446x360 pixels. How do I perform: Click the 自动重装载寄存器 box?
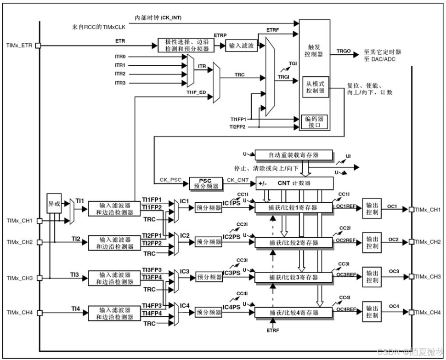click(x=293, y=155)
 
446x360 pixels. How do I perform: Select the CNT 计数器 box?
click(x=294, y=183)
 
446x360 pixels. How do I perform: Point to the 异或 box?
click(x=54, y=203)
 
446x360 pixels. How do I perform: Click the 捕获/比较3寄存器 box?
click(x=293, y=277)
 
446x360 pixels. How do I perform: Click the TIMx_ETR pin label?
click(x=20, y=46)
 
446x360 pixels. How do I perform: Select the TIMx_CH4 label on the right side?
click(x=428, y=312)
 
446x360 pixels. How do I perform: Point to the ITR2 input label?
click(x=120, y=74)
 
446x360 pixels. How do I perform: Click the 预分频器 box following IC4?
click(x=209, y=312)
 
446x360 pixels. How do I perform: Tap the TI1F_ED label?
click(x=196, y=92)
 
